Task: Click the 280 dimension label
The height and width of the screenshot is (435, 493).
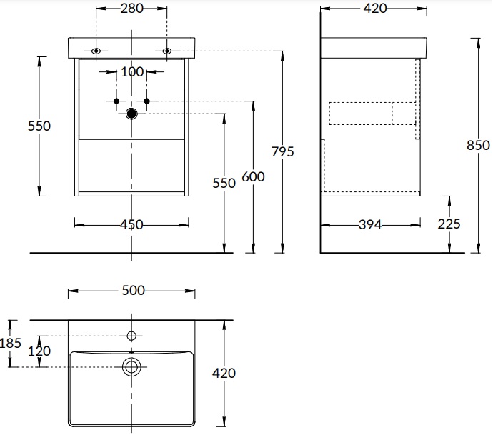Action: click(x=131, y=9)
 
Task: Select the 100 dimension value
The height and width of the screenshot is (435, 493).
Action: click(x=131, y=71)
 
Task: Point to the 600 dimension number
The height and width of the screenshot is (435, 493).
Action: click(x=253, y=176)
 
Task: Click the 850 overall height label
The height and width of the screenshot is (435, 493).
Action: click(x=478, y=145)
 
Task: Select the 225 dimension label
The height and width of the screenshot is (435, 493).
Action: click(x=449, y=224)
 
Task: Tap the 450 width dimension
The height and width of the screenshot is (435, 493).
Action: click(x=131, y=224)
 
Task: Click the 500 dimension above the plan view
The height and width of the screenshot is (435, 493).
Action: click(x=131, y=290)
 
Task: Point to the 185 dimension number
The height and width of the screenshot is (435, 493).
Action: click(x=10, y=344)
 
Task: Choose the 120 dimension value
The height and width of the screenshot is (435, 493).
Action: click(x=40, y=351)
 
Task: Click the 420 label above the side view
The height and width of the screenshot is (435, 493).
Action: click(x=374, y=9)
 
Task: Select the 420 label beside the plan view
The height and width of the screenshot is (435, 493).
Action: click(x=224, y=372)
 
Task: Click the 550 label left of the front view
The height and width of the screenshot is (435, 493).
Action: click(x=39, y=126)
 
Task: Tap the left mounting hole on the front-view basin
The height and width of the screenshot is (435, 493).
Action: click(x=96, y=51)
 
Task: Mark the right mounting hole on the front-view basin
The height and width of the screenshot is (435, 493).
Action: click(x=167, y=51)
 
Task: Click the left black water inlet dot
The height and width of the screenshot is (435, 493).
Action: click(x=117, y=101)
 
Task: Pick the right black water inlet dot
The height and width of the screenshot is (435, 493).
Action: click(x=146, y=101)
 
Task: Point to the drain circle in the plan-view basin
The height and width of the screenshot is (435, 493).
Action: click(x=131, y=366)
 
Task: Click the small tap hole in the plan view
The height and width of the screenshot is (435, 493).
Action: click(x=131, y=335)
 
